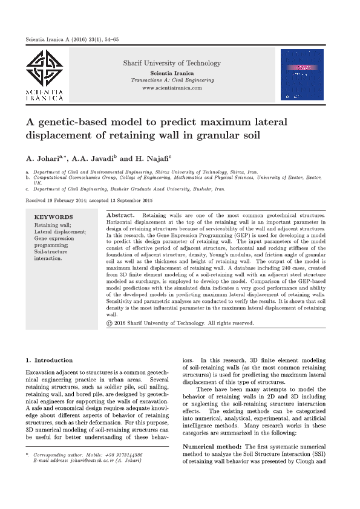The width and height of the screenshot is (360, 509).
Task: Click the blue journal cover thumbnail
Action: coord(302,75)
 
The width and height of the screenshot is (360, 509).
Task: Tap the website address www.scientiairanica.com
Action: coord(172,88)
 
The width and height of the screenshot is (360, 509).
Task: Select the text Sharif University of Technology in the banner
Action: coord(172,63)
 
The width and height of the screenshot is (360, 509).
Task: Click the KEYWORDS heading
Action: coord(53,217)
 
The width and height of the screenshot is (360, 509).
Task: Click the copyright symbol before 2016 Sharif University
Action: coord(109,323)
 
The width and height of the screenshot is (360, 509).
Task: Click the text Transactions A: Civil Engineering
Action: coord(172,80)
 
